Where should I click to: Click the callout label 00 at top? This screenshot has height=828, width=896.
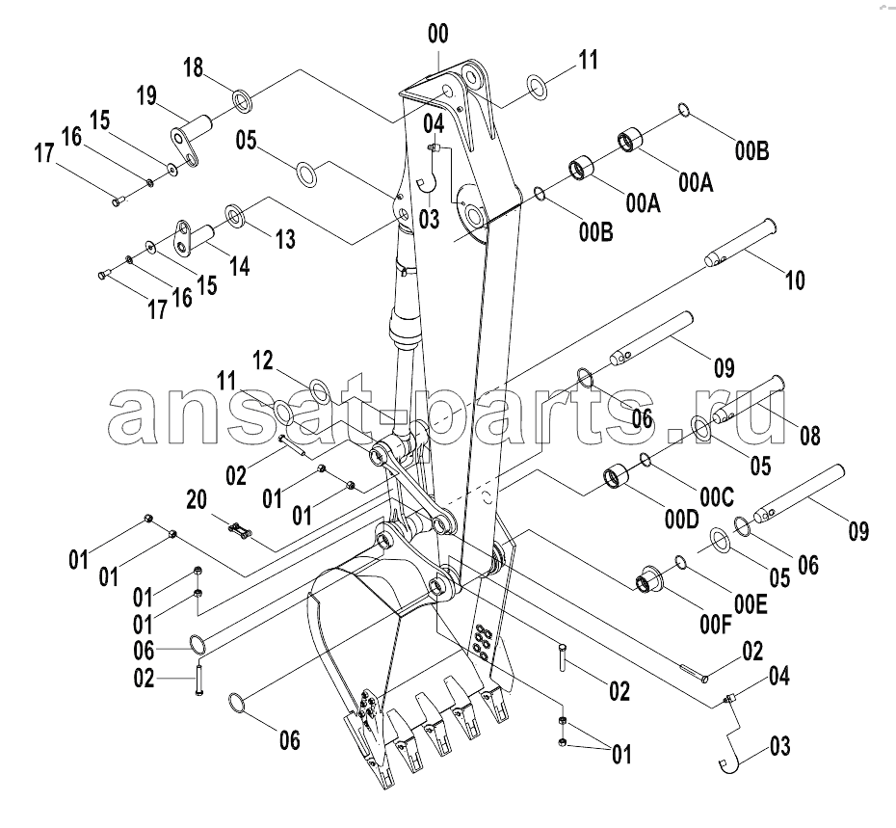click(438, 35)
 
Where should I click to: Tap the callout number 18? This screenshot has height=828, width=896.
click(193, 67)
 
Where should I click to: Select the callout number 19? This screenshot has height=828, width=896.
click(146, 95)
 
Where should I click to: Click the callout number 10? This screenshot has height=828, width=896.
click(796, 280)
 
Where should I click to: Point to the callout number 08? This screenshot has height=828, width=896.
click(809, 437)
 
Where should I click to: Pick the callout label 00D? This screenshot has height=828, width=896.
click(682, 520)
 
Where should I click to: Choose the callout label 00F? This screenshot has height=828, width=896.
click(716, 625)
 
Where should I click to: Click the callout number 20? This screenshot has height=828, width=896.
click(197, 499)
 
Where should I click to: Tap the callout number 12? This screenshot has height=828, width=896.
click(263, 361)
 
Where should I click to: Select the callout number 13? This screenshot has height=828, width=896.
click(286, 239)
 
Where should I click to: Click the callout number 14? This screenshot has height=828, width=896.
click(240, 266)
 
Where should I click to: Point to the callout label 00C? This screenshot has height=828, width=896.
click(717, 497)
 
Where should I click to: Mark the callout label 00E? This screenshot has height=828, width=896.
click(751, 604)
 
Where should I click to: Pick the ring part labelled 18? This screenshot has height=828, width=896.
click(243, 99)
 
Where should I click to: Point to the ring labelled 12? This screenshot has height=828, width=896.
click(319, 390)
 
